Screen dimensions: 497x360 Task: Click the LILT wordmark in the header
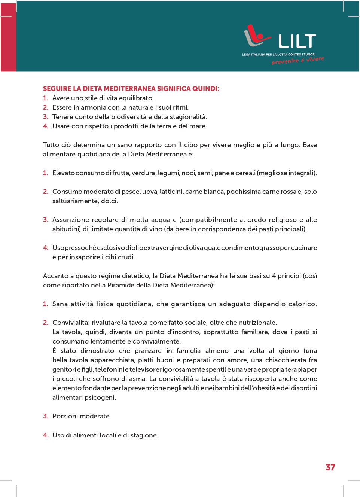(x=297, y=41)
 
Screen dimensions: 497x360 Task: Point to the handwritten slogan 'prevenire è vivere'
(x=298, y=61)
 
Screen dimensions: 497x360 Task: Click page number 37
(x=330, y=467)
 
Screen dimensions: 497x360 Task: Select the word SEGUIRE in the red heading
(x=57, y=89)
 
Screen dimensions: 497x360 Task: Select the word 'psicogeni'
(x=100, y=397)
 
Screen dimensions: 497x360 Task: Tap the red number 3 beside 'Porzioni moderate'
(x=45, y=416)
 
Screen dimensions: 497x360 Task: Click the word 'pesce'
(x=131, y=192)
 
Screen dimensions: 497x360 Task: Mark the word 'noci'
(x=188, y=173)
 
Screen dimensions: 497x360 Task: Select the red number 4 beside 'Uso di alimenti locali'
(x=45, y=435)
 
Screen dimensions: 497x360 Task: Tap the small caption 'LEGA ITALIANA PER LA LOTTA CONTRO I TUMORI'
(x=278, y=55)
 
